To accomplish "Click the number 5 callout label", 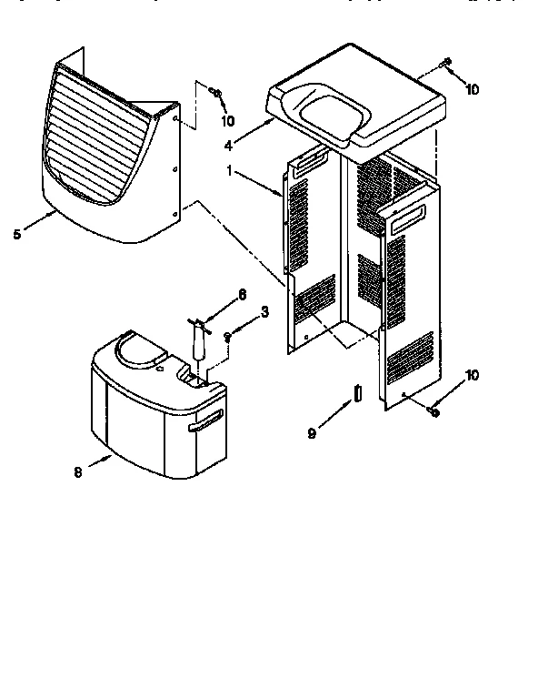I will tap(16, 234).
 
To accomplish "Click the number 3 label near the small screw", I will tap(264, 311).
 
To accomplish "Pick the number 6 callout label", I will tap(242, 294).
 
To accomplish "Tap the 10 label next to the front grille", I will tap(227, 120).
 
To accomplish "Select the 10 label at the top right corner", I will tap(471, 89).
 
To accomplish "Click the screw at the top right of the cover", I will tap(447, 63).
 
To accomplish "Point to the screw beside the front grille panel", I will tap(215, 92).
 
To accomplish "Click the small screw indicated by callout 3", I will tap(229, 337).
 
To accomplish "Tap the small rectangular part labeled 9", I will tap(358, 392).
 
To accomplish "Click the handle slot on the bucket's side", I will tap(205, 419).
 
